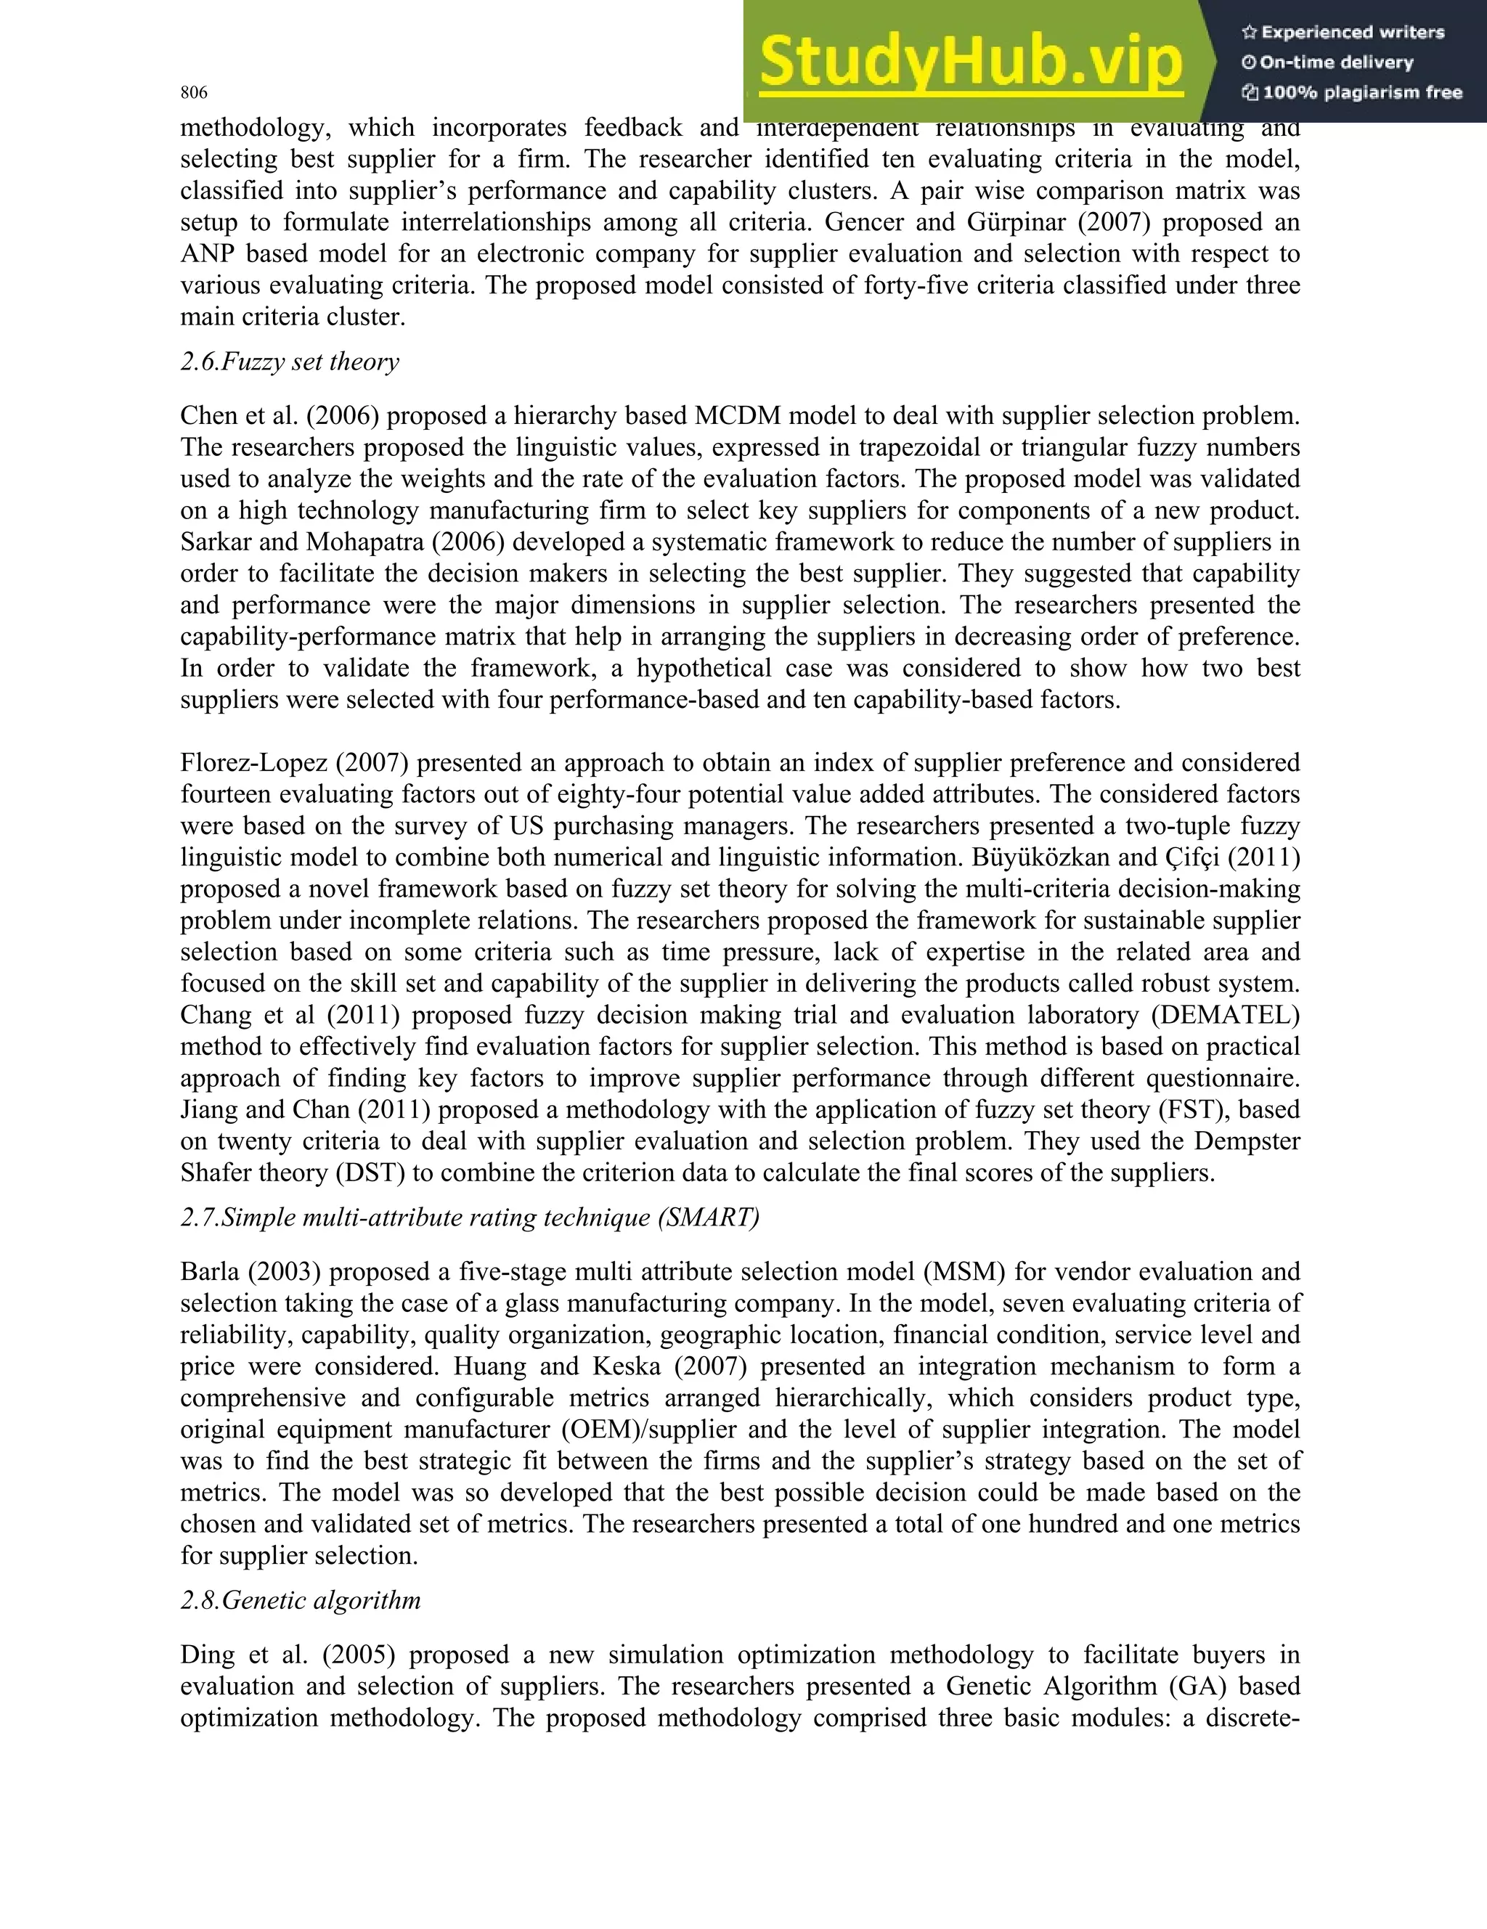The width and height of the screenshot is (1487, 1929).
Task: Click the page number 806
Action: (193, 93)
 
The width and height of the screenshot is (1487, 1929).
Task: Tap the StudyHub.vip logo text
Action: (970, 62)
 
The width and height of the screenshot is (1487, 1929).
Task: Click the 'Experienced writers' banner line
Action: (1343, 33)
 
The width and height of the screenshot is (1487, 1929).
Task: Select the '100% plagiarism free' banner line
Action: (1352, 92)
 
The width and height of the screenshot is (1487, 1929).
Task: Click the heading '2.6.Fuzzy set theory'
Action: (290, 362)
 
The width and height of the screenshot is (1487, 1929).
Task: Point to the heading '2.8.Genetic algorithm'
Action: (301, 1600)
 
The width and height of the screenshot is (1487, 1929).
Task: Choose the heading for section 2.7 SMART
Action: (470, 1218)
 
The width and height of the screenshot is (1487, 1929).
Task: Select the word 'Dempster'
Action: (1247, 1141)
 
